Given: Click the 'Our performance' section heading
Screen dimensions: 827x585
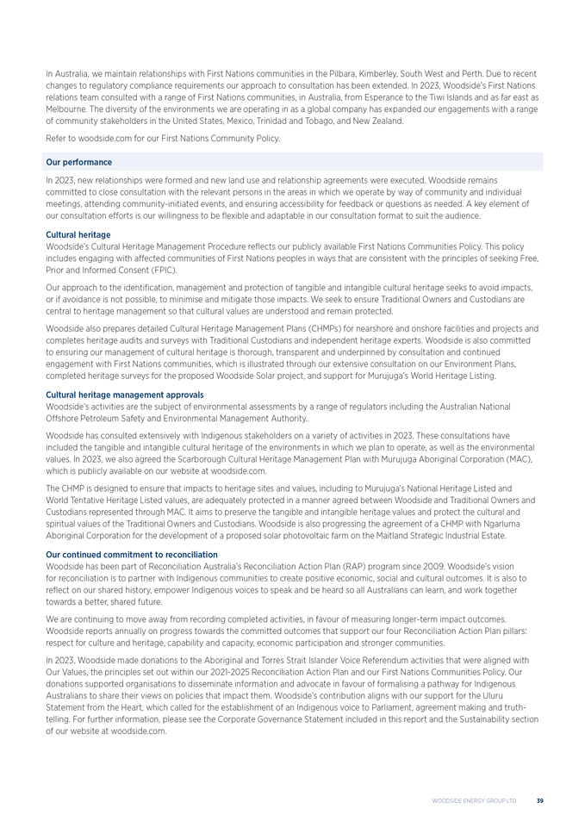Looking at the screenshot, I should click(78, 162).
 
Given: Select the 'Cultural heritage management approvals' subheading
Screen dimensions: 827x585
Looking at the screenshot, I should click(124, 395).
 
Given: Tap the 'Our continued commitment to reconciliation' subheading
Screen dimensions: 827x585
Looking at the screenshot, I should click(131, 554).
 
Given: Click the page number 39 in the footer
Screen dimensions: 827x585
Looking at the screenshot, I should click(539, 800).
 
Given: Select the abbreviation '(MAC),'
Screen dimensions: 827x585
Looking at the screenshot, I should click(520, 458).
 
